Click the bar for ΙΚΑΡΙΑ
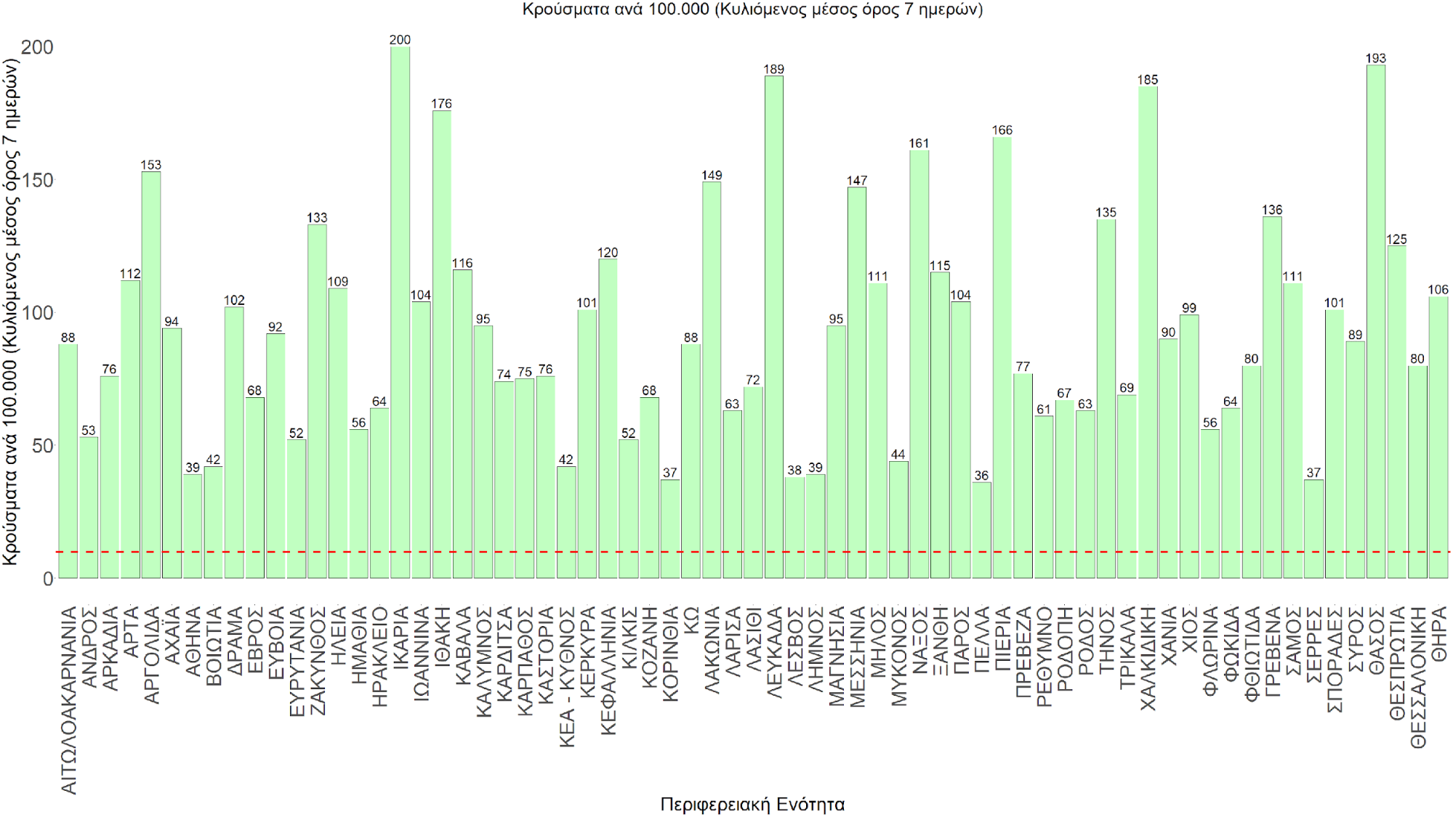400,312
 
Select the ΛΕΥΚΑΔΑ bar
774,327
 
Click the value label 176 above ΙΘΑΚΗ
441,104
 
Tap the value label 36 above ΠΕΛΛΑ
981,476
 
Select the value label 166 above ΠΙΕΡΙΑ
1002,130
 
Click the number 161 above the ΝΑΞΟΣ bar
919,143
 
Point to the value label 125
1396,240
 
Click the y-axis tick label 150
38,180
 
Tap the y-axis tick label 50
43,446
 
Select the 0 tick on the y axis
48,579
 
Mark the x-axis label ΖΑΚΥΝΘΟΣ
318,661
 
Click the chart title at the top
752,9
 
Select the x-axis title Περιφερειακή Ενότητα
752,804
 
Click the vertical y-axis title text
10,312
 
